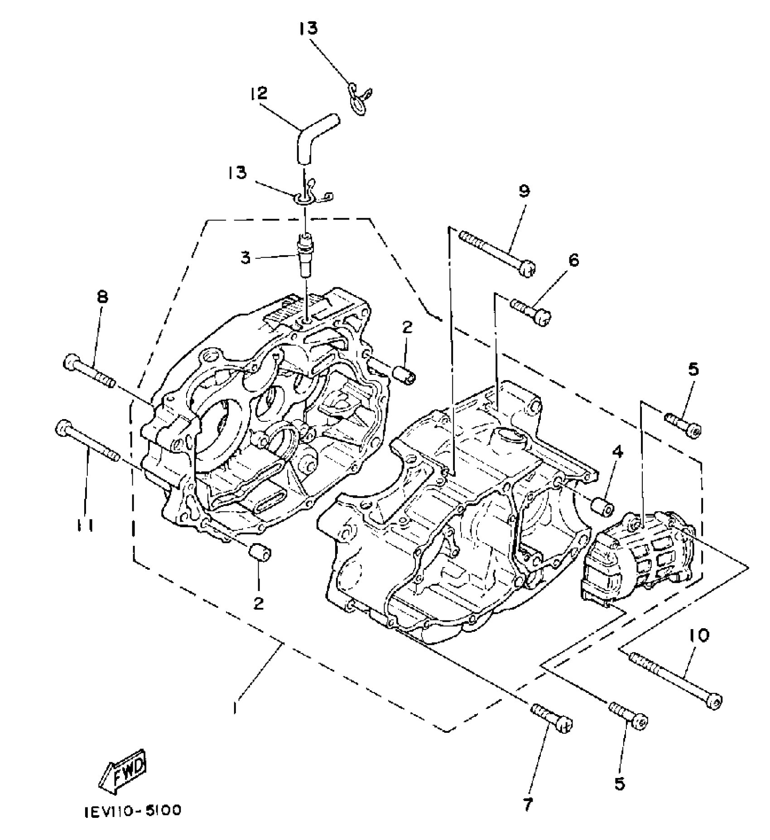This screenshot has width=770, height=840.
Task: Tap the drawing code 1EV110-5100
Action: [x=133, y=810]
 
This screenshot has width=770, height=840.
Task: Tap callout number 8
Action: [x=103, y=298]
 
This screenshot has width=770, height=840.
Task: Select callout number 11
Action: [x=84, y=526]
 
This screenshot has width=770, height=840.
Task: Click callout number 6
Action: [x=574, y=260]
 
